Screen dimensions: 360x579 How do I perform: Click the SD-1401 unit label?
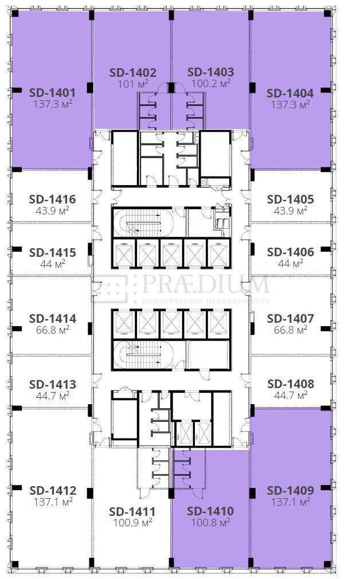52,92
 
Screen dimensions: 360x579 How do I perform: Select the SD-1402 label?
133,72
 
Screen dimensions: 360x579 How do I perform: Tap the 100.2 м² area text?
211,84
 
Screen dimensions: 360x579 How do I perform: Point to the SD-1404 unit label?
290,93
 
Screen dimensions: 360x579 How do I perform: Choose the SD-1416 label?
52,199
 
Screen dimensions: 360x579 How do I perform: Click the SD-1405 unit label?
291,199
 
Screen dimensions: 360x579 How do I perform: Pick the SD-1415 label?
52,253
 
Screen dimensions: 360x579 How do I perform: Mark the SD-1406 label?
291,252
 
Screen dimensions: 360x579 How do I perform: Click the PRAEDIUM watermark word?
206,285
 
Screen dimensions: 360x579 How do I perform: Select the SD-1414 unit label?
52,318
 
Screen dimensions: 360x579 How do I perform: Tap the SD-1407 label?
291,318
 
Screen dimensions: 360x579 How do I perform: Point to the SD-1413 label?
52,385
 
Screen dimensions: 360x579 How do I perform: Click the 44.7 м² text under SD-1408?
291,395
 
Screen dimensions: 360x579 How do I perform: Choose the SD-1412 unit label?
53,490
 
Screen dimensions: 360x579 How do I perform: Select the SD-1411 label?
132,512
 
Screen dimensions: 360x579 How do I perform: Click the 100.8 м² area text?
211,522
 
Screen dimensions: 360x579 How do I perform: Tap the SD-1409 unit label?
291,490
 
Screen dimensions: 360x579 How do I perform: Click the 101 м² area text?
133,84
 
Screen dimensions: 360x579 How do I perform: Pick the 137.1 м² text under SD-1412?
53,502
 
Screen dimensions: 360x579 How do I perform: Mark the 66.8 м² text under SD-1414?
52,330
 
